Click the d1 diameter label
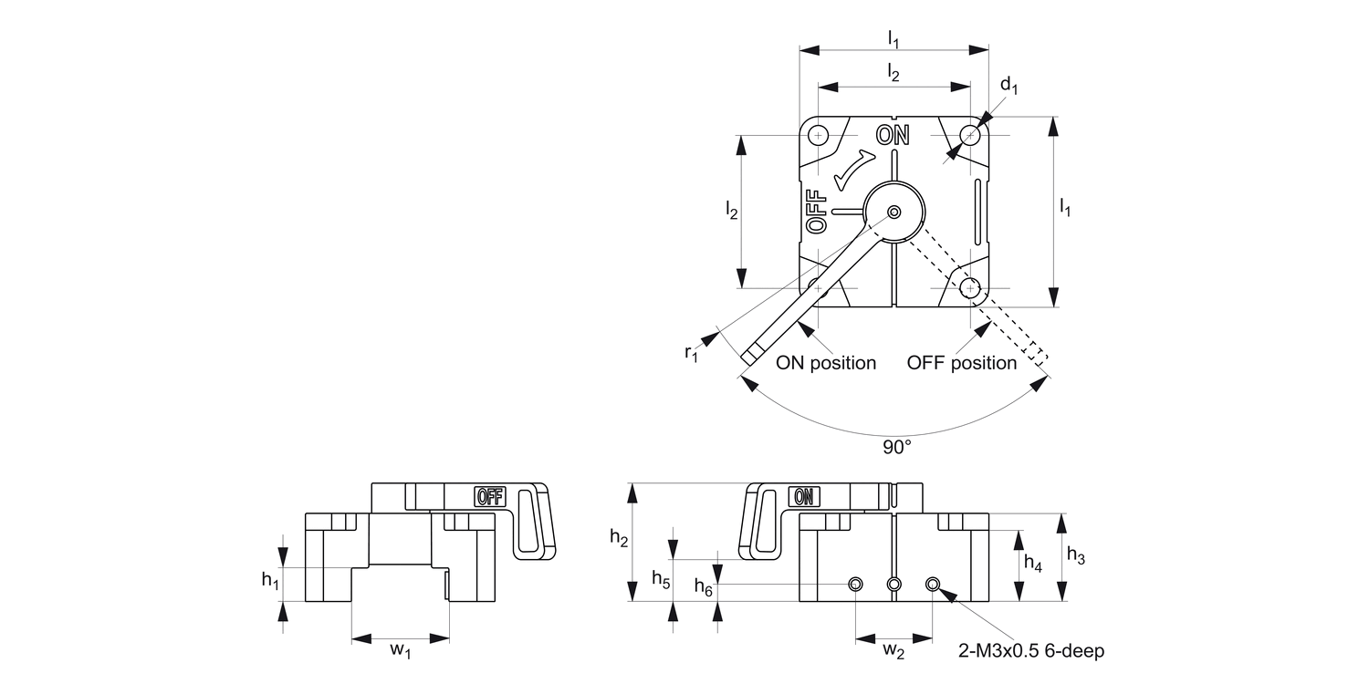click(1008, 86)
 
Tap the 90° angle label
click(896, 447)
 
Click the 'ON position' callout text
click(826, 363)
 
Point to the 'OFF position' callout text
click(961, 363)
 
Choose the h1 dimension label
click(270, 580)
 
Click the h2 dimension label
click(619, 539)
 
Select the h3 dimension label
click(1076, 557)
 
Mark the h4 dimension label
click(1032, 563)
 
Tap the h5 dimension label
click(661, 577)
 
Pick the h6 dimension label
click(704, 587)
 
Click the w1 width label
click(401, 650)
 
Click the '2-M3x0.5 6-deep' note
click(1030, 651)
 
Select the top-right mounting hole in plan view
click(970, 136)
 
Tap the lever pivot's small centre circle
click(894, 212)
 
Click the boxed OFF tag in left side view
click(489, 496)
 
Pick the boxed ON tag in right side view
click(804, 496)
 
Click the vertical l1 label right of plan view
click(1064, 209)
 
